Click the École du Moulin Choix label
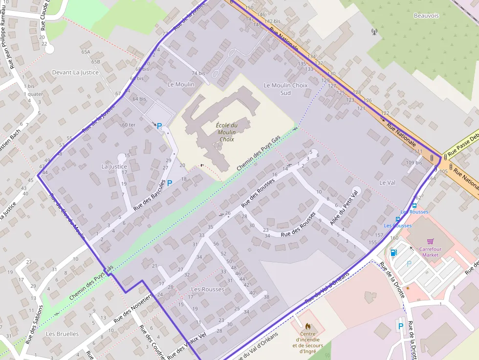click(226, 132)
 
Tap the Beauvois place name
click(426, 16)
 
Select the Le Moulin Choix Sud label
click(285, 89)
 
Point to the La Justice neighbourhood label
click(114, 166)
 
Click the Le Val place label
click(387, 182)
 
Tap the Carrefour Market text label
click(430, 252)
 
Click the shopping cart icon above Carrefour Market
click(430, 241)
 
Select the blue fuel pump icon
click(393, 253)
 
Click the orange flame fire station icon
click(308, 325)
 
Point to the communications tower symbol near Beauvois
click(374, 33)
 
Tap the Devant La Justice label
click(75, 72)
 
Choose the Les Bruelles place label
click(62, 334)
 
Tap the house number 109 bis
click(414, 163)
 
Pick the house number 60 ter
click(129, 125)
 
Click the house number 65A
click(86, 51)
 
